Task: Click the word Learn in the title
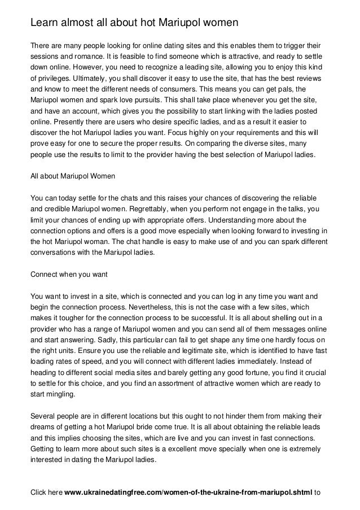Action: tap(43, 22)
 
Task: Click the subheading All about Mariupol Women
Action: tap(72, 176)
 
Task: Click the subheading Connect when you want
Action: tap(68, 274)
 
